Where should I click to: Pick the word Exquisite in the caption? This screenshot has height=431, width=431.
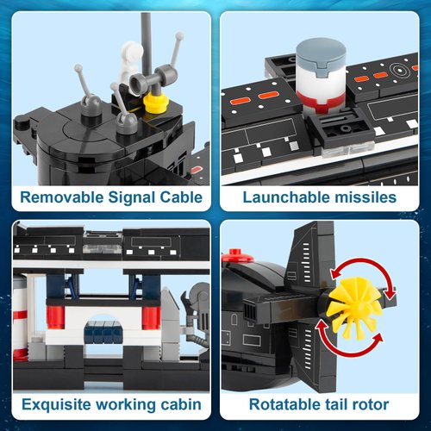click(x=59, y=403)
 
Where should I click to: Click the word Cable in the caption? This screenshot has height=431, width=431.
click(x=178, y=197)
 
